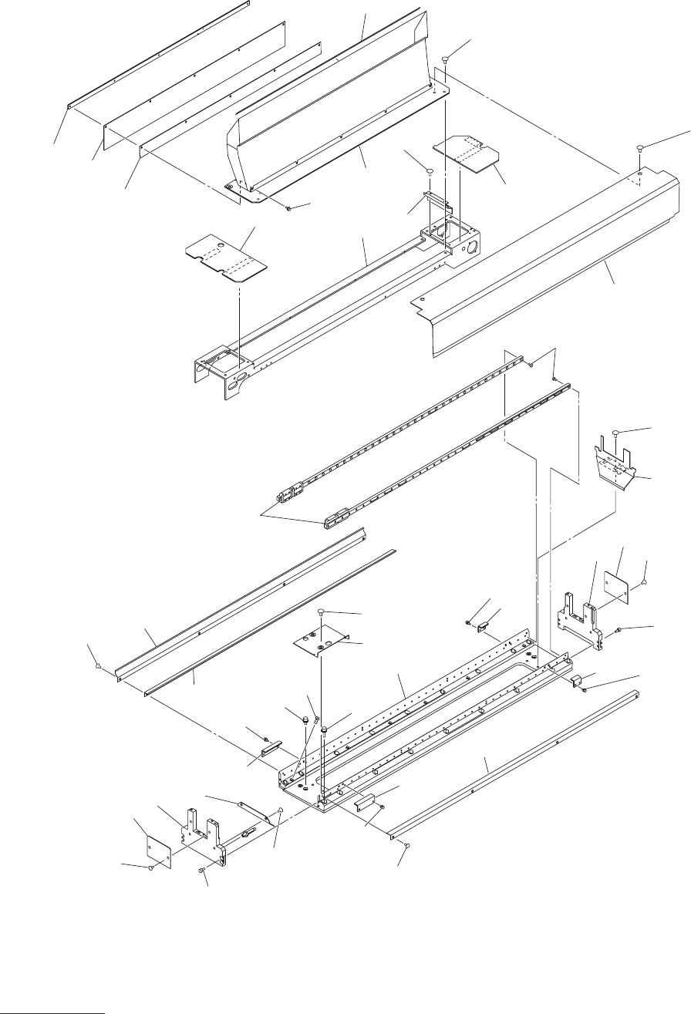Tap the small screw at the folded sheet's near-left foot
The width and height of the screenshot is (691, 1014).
(287, 207)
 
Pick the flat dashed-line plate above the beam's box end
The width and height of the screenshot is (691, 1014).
(465, 153)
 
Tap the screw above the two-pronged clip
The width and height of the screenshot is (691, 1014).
(617, 433)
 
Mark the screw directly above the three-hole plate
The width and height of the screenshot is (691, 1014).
(321, 611)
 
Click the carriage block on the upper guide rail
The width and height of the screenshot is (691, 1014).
(291, 492)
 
